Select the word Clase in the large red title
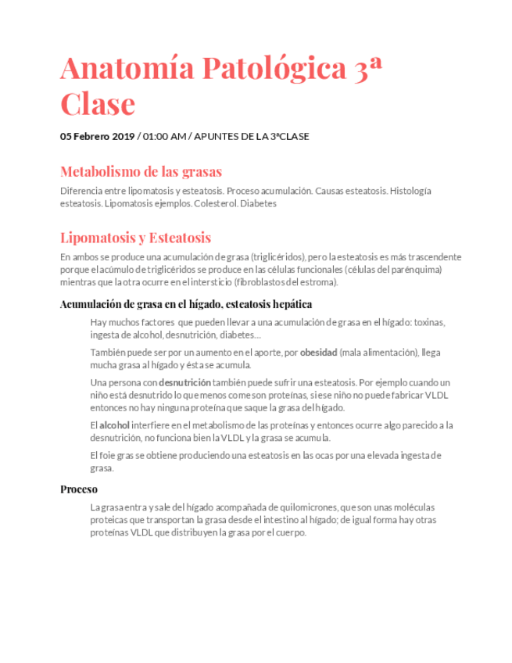[98, 103]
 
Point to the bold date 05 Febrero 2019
[98, 136]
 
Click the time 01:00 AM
[164, 136]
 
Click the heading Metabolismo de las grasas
[141, 171]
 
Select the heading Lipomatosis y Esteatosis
[135, 238]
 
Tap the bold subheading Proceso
[79, 489]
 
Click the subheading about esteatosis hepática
[187, 304]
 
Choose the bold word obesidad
[318, 353]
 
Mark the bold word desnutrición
[184, 383]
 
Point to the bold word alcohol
[115, 425]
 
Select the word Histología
[410, 191]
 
